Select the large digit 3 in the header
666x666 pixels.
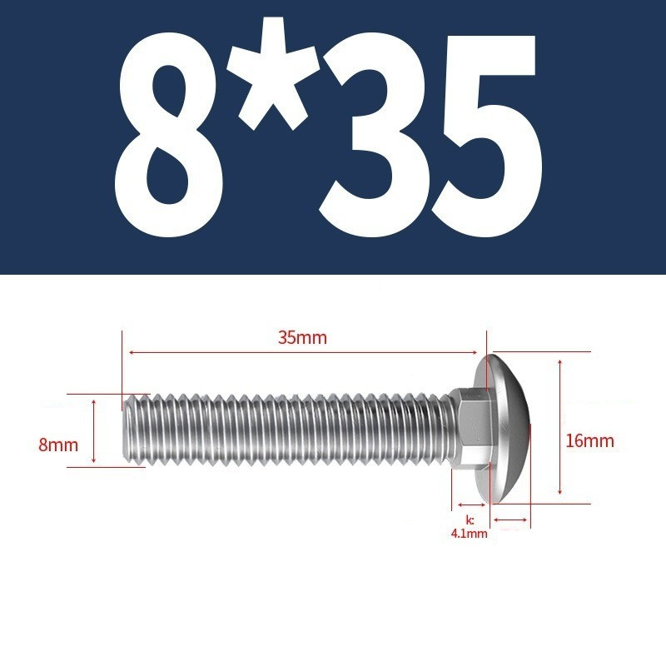pyautogui.click(x=373, y=134)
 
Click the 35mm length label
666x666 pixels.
pyautogui.click(x=302, y=338)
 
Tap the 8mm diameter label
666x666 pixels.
pyautogui.click(x=58, y=445)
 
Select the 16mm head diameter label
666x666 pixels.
pyautogui.click(x=589, y=441)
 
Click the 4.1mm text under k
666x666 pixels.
pyautogui.click(x=469, y=534)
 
